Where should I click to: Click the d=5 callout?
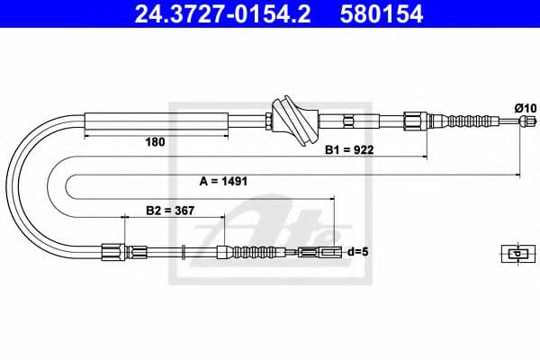coord(359,252)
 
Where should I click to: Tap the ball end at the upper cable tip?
coord(519,120)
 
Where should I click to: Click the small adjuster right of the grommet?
coord(349,119)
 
